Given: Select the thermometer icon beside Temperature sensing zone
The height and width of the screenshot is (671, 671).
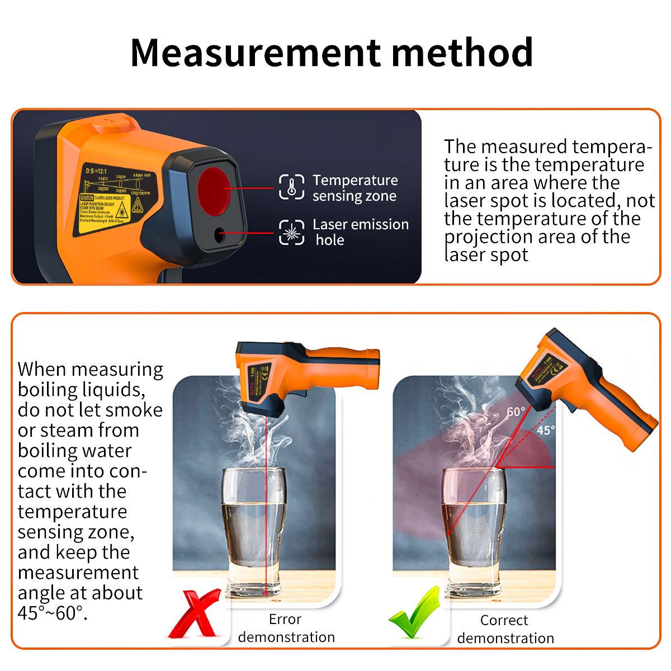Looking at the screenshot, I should pos(291,187).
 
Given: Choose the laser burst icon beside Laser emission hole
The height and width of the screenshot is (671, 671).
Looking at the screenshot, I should pos(291,232).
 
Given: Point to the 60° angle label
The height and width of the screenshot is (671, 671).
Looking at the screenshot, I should pos(516,412).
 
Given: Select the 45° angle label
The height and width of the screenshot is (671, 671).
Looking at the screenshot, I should pos(546,430).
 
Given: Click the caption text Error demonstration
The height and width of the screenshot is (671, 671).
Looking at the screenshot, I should pos(286,628).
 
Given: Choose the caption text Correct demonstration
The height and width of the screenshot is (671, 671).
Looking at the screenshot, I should pos(505,629).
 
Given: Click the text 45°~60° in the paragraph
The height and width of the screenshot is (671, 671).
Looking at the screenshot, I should pos(53,613).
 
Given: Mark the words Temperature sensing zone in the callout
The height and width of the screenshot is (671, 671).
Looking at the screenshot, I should pos(355,188).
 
